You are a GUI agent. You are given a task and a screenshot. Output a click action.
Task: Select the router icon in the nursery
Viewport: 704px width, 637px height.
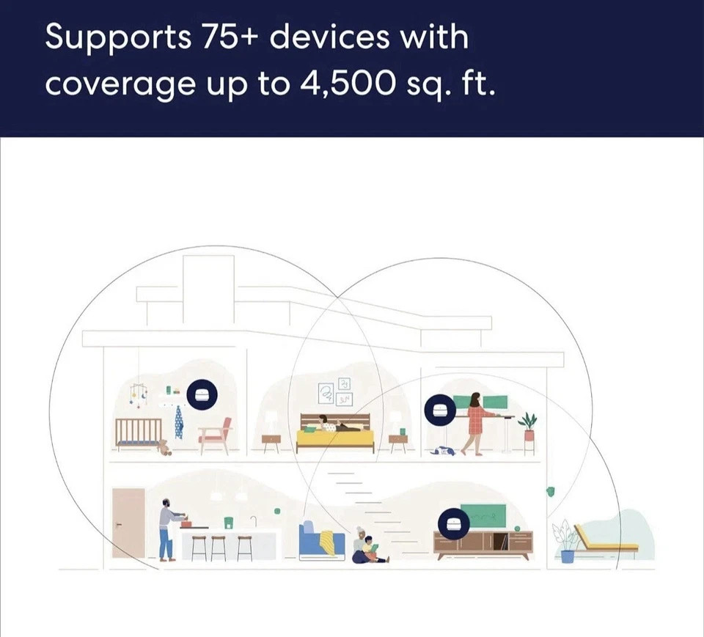202,396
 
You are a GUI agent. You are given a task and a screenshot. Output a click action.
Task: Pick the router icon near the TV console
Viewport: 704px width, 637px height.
454,523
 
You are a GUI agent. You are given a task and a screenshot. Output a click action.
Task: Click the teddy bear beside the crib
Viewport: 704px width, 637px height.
165,447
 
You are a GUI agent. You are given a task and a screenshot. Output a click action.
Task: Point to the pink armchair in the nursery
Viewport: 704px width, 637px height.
216,435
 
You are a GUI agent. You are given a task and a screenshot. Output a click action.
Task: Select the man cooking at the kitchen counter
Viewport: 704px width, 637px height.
169,528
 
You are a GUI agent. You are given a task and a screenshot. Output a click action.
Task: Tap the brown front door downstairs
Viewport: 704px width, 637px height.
128,523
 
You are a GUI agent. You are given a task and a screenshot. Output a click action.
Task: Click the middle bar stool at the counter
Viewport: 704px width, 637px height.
219,548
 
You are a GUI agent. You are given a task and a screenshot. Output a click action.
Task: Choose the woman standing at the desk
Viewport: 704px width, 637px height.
474,422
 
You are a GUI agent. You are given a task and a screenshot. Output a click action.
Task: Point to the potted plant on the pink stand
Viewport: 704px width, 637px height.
528,425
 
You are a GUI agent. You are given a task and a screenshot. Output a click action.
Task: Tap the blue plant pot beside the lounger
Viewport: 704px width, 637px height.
567,555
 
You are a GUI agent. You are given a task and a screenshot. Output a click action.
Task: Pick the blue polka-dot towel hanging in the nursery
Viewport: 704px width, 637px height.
178,423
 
